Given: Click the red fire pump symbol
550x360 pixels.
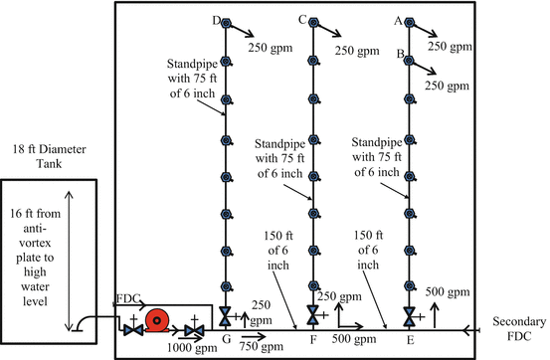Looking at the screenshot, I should click(x=158, y=322).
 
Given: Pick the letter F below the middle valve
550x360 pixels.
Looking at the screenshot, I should click(x=315, y=339).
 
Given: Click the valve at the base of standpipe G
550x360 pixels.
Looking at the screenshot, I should click(x=227, y=317).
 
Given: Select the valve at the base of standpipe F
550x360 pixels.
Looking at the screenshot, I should click(x=314, y=317).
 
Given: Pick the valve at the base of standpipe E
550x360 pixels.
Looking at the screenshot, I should click(x=410, y=317).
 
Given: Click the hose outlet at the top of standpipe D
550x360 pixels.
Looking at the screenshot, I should click(x=227, y=25).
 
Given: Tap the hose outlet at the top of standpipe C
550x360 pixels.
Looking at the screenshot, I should click(x=314, y=25).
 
